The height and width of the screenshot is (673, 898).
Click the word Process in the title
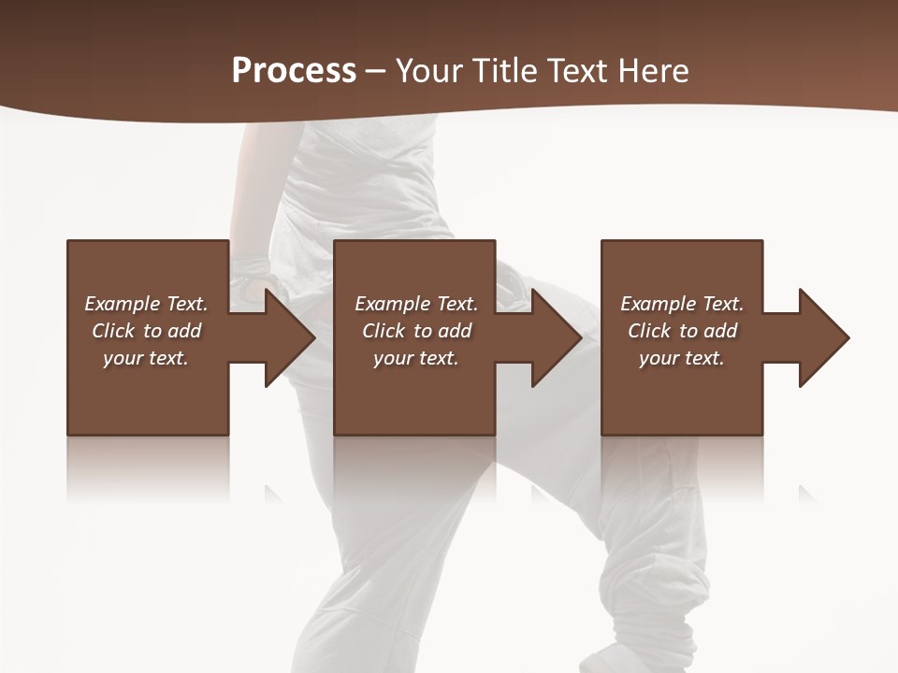click(294, 71)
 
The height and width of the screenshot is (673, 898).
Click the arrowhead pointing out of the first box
click(286, 337)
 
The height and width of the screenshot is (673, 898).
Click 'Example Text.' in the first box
click(146, 304)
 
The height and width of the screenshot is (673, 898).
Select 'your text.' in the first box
click(146, 358)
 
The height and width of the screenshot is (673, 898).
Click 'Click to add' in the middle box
click(416, 331)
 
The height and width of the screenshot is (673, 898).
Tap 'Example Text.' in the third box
click(682, 304)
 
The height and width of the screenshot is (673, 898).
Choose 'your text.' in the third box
click(682, 358)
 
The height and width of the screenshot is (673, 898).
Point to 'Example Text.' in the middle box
click(416, 304)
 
